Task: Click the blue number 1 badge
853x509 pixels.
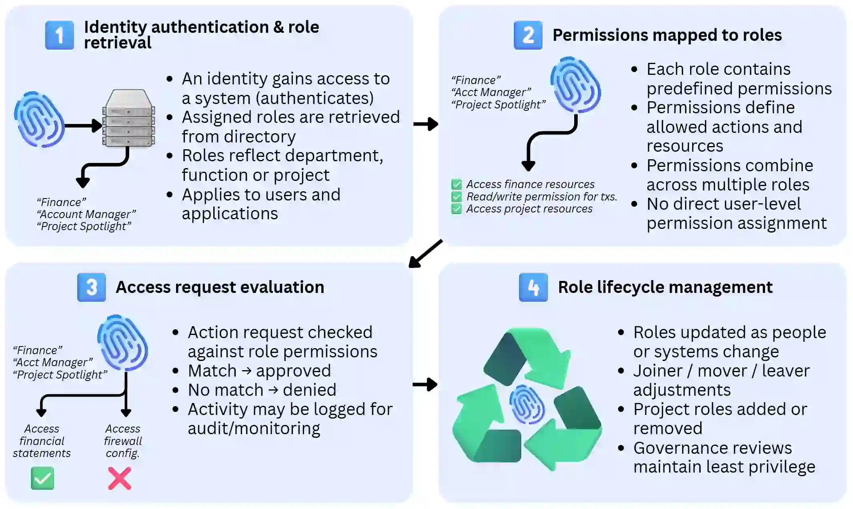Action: (59, 35)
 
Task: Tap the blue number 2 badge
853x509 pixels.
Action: (528, 35)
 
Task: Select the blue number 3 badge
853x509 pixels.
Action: (91, 287)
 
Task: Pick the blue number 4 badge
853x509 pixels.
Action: (533, 287)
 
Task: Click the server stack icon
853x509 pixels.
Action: (128, 118)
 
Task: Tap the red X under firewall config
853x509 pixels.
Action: (120, 478)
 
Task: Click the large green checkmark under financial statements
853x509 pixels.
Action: (42, 478)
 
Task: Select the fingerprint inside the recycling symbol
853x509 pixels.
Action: (527, 404)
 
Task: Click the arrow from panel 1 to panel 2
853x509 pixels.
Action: (426, 124)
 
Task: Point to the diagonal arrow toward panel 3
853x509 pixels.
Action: (425, 254)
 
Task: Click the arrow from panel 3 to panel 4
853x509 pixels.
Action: (425, 385)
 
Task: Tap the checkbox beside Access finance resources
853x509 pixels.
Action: (456, 184)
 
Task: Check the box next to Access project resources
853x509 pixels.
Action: (456, 209)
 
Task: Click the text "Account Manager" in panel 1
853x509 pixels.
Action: (86, 214)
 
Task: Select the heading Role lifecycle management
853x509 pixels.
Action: (665, 287)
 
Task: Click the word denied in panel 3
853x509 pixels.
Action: (309, 390)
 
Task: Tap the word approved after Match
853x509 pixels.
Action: (293, 371)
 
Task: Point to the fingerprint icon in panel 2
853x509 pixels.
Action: (575, 85)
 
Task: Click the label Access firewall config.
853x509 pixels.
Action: (123, 441)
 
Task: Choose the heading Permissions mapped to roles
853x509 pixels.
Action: (667, 35)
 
